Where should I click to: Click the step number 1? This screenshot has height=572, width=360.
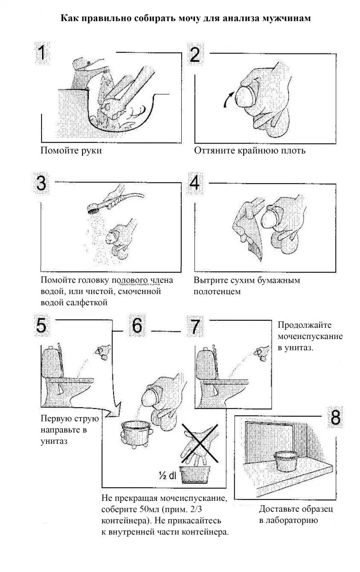tap(42, 53)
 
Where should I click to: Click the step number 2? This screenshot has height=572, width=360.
tap(195, 54)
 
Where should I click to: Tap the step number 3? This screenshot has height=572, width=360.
tap(42, 183)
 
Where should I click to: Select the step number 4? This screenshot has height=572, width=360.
tap(195, 183)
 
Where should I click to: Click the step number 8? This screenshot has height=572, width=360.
tap(336, 418)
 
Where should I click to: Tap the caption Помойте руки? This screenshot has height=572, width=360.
tap(72, 151)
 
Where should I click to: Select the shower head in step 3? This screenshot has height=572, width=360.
tap(94, 208)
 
